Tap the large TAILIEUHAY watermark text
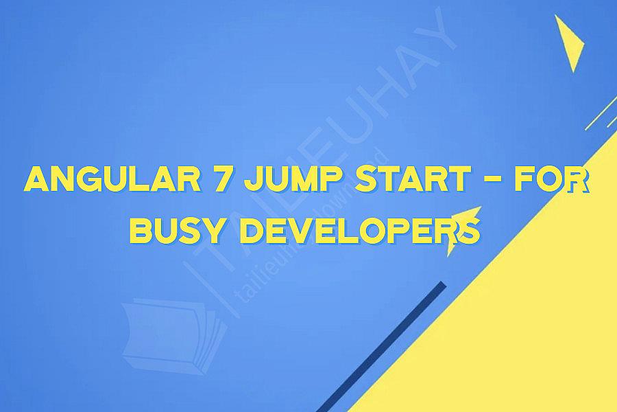(x=322, y=137)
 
